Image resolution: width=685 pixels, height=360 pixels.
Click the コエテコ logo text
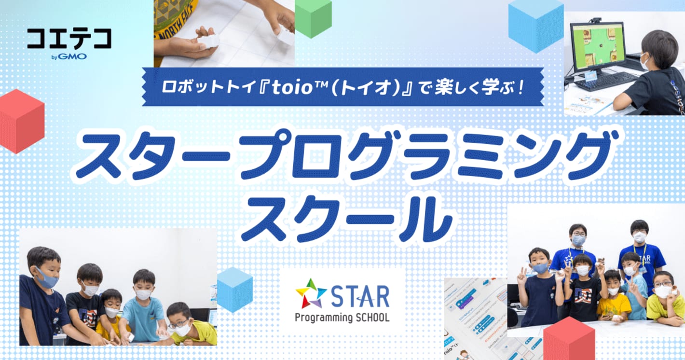tap(69, 39)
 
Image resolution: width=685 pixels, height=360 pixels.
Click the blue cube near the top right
tap(536, 24)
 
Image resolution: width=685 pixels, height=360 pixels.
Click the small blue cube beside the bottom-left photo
tap(235, 289)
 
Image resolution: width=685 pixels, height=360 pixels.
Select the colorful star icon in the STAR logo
tap(311, 293)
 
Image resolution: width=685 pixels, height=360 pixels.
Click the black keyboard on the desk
tap(605, 81)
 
